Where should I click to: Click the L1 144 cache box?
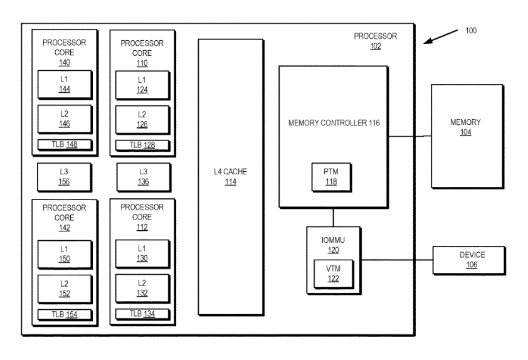click(65, 85)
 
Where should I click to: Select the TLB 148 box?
click(65, 145)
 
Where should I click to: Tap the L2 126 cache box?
click(142, 120)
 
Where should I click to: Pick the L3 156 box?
click(65, 177)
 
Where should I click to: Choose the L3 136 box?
click(144, 177)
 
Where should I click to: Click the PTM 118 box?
click(332, 177)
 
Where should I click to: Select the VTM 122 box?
click(334, 274)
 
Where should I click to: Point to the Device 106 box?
click(469, 260)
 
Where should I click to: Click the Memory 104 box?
click(467, 136)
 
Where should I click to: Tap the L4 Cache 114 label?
click(231, 176)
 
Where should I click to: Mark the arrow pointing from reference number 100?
click(440, 37)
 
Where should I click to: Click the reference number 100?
click(471, 31)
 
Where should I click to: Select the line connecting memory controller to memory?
click(410, 136)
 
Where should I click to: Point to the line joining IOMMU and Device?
click(397, 260)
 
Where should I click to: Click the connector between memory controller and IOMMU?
click(334, 218)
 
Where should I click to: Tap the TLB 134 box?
click(142, 314)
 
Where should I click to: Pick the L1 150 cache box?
click(65, 254)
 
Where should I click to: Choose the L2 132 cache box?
click(142, 289)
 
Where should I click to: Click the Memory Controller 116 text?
click(334, 123)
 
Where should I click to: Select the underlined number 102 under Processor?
click(376, 46)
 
